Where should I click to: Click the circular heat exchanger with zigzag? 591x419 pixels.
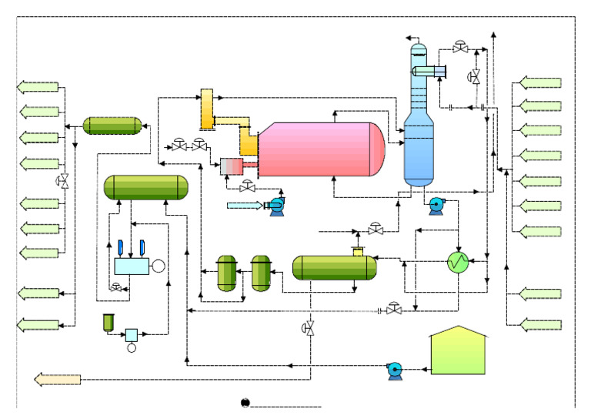pos(459,263)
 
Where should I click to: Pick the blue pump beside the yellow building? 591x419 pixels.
pos(396,370)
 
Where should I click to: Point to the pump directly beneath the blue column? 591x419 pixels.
pos(436,205)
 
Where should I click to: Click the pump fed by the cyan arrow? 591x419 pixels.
pos(275,206)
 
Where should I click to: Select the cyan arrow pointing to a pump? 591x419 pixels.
pos(245,205)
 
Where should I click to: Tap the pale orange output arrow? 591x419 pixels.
pos(58,379)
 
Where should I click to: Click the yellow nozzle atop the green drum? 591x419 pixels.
pos(357,251)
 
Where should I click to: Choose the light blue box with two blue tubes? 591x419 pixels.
pos(132,266)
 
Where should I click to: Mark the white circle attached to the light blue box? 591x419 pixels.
pos(159,266)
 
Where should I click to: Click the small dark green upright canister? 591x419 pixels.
pos(109,321)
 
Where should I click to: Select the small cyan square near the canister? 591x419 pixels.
pos(132,334)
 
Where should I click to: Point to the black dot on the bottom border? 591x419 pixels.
pos(245,402)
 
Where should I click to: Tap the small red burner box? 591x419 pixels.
pos(232,165)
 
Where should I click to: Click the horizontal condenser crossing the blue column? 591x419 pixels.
pos(428,72)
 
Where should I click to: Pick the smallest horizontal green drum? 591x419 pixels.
pos(112,125)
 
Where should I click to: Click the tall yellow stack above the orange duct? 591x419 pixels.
pos(206,108)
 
